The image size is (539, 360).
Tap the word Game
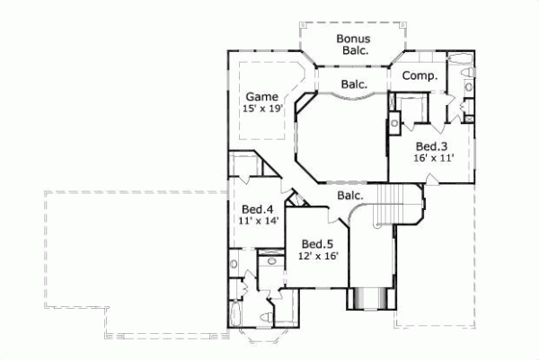click(261, 96)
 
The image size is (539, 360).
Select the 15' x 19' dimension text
click(261, 109)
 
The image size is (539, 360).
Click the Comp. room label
click(419, 77)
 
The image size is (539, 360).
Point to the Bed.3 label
click(431, 146)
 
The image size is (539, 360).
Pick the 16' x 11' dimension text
click(433, 158)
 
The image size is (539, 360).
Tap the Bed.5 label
click(317, 243)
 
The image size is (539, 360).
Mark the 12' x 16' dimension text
click(318, 256)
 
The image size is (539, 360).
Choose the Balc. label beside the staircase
click(350, 195)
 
